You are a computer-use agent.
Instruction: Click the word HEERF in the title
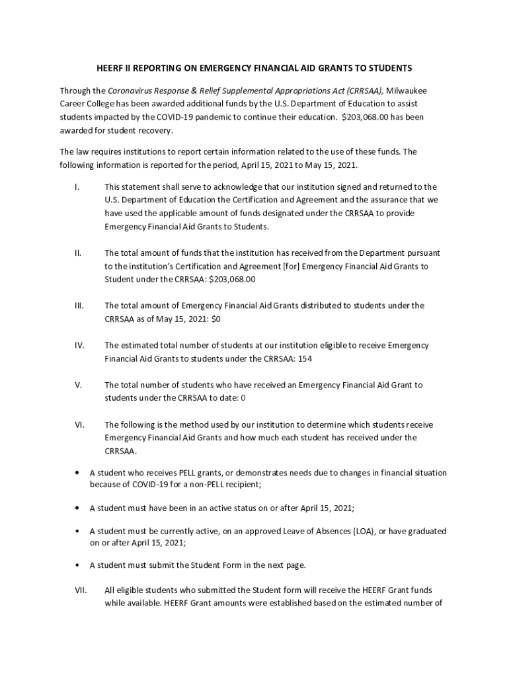coord(110,68)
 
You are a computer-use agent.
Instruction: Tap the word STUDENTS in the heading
coord(389,68)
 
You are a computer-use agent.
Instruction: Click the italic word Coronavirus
coord(131,91)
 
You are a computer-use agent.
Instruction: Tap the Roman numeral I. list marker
coord(77,187)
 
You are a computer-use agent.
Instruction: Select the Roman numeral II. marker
coord(78,253)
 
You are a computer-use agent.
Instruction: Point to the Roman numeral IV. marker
coord(79,345)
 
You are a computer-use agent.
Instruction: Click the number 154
coord(305,358)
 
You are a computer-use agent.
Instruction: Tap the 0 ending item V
coord(243,398)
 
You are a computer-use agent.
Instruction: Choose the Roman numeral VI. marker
coord(79,424)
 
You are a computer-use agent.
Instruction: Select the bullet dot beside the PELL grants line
coord(78,473)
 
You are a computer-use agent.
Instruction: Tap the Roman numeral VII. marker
coord(80,590)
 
